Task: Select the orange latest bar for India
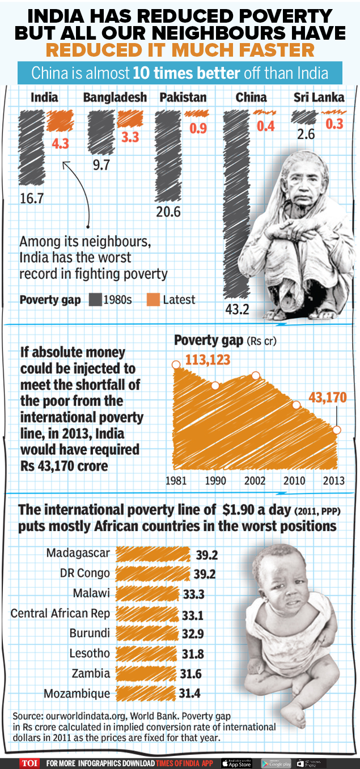[58, 121]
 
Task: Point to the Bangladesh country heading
[115, 97]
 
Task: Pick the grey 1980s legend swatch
[95, 300]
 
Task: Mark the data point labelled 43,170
[337, 430]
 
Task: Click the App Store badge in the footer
[236, 763]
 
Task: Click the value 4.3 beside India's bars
[60, 144]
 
